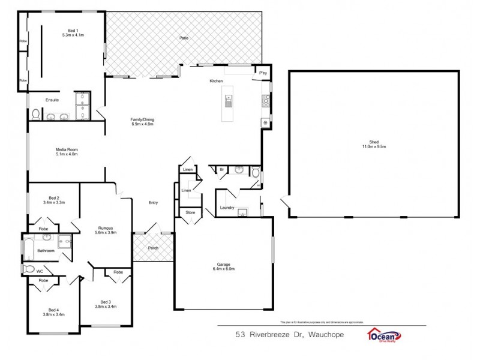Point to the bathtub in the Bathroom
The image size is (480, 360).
[x=28, y=248]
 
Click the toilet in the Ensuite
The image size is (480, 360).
[x=35, y=113]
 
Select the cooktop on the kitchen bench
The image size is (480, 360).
[x=265, y=100]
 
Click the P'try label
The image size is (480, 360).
[x=263, y=73]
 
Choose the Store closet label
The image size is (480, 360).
[x=190, y=212]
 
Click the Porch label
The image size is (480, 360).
[x=153, y=247]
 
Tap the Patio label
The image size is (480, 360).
[x=184, y=38]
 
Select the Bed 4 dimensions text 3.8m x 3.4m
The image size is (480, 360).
[x=53, y=314]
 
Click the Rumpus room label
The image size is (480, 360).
[x=106, y=229]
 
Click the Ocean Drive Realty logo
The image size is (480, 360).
[x=384, y=336]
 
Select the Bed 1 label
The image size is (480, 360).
[x=73, y=31]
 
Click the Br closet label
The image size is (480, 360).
[x=221, y=170]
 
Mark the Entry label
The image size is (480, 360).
[x=153, y=203]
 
